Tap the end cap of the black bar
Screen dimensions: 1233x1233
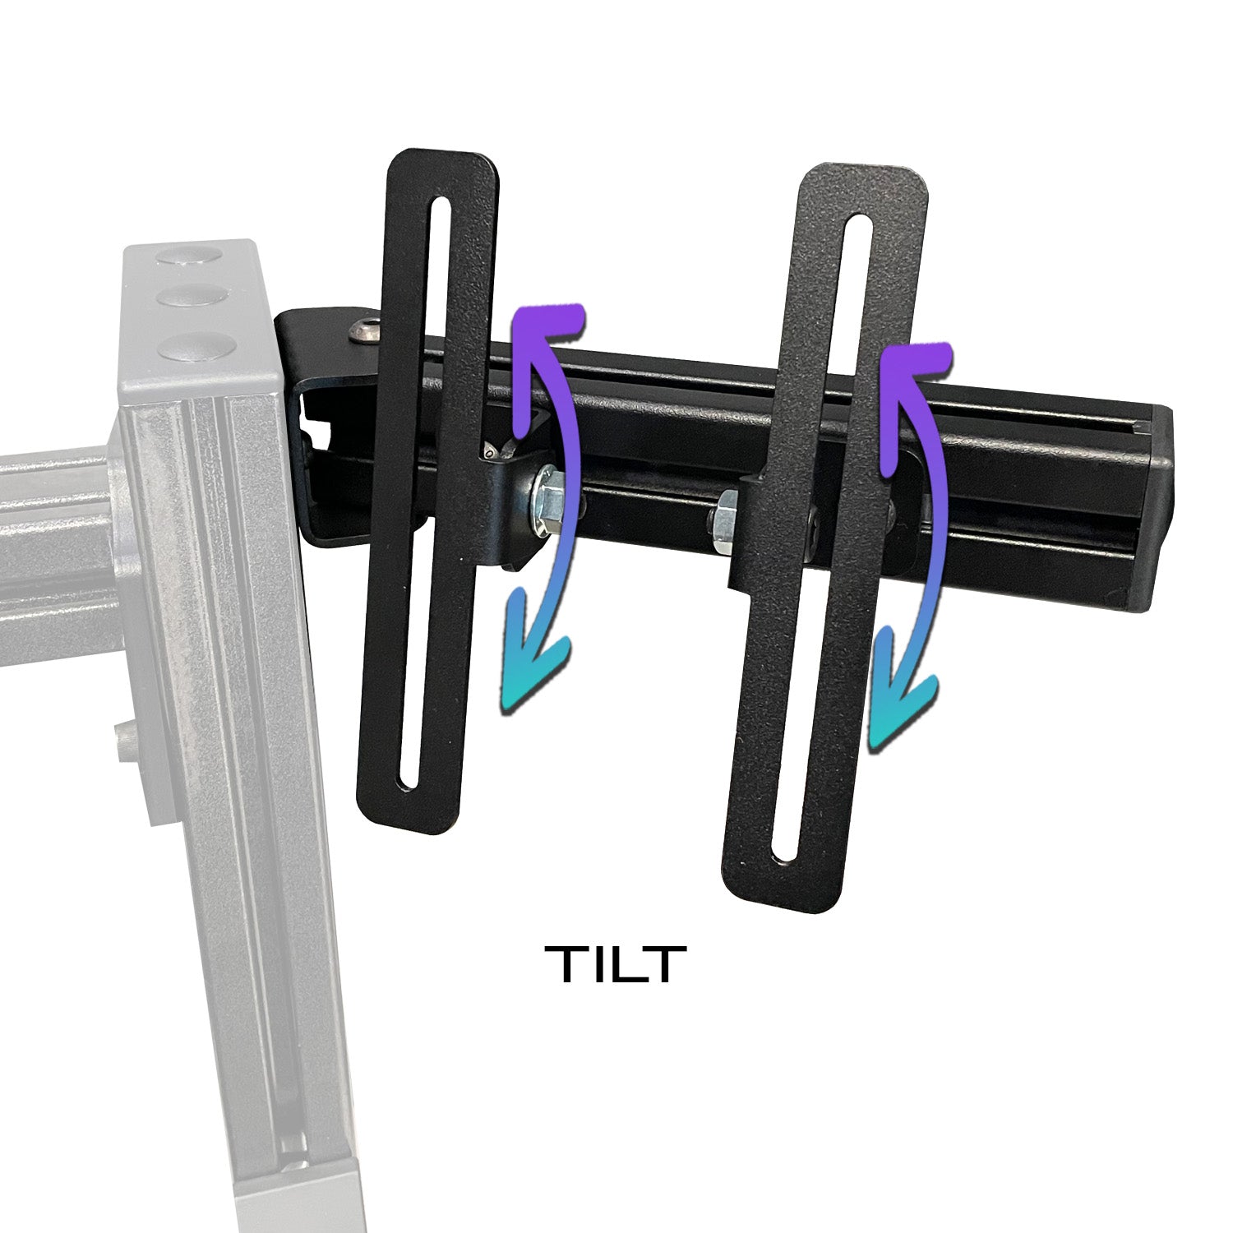click(x=1158, y=510)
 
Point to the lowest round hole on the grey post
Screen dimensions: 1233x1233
click(x=190, y=346)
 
